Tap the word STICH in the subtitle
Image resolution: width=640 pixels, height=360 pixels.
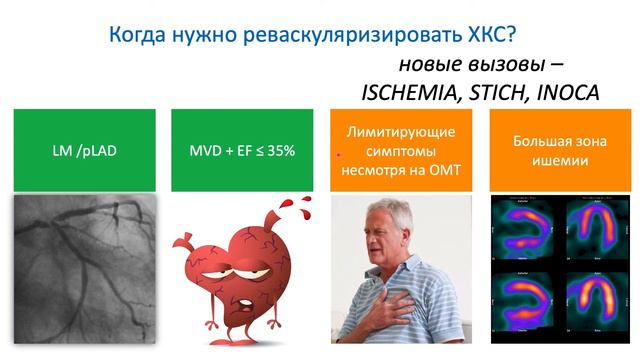pos(491,92)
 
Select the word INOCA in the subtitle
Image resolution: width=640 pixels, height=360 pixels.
pos(564,92)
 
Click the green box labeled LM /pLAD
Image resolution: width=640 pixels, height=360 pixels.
pos(85,150)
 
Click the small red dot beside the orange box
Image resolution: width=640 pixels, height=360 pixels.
pos(340,155)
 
